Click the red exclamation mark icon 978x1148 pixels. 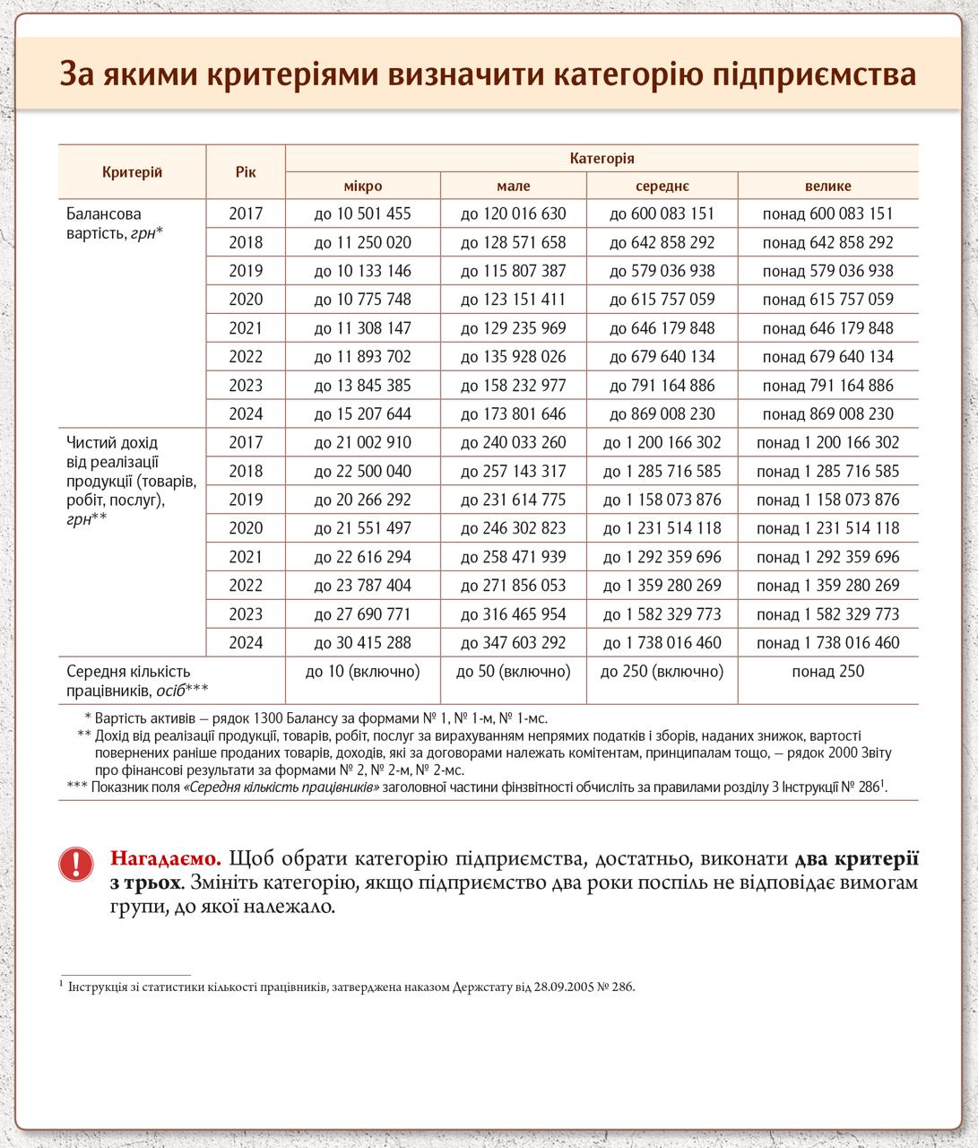[x=76, y=864]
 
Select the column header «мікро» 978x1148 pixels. [x=363, y=187]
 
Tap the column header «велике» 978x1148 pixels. [x=827, y=187]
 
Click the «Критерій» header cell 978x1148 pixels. [x=133, y=172]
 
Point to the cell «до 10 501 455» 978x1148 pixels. [x=363, y=214]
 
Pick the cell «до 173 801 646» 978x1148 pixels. [x=514, y=414]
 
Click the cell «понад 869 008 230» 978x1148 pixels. [x=827, y=414]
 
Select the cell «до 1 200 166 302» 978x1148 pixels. [x=662, y=443]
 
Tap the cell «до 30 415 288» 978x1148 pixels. [x=363, y=643]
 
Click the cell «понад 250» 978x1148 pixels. [x=827, y=672]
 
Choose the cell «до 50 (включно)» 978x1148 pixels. [x=514, y=672]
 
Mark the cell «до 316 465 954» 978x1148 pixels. [x=514, y=614]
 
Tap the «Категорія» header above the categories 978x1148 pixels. [x=602, y=159]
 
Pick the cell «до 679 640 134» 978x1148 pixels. [x=662, y=357]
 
